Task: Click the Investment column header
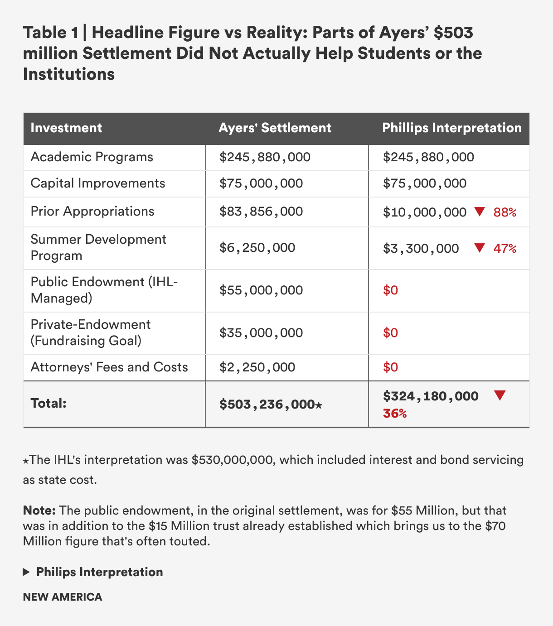coord(66,128)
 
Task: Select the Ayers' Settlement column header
coord(275,128)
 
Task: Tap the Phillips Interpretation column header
coord(452,128)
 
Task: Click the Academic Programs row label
coord(92,157)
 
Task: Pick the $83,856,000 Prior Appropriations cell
coord(261,212)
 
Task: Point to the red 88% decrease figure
coord(505,212)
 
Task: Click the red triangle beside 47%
coord(480,248)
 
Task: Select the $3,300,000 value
coord(421,249)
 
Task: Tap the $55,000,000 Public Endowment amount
coord(261,290)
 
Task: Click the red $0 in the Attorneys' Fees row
coord(390,367)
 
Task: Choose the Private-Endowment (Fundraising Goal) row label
coord(90,332)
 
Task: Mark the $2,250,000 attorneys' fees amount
coord(257,367)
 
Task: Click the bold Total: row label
coord(49,403)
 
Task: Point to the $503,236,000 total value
coord(267,404)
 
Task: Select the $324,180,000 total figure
coord(431,396)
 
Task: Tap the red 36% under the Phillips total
coord(395,414)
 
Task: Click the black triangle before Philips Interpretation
coord(26,573)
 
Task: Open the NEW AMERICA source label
coord(63,597)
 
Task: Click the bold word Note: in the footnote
coord(39,510)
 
